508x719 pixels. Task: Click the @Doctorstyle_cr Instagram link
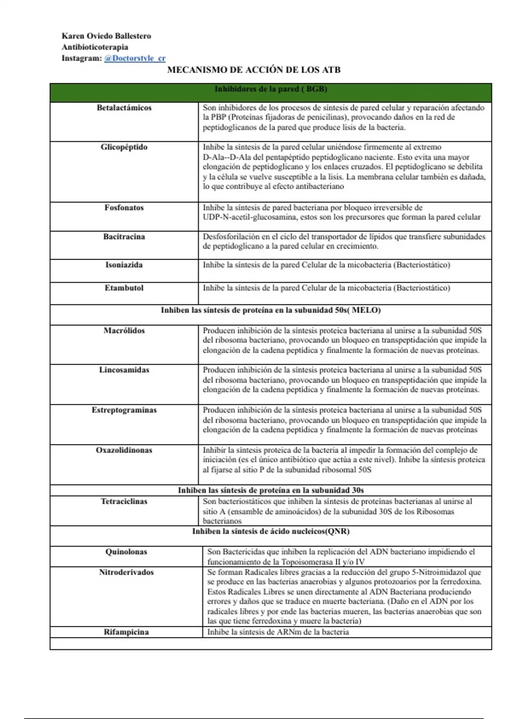tap(135, 58)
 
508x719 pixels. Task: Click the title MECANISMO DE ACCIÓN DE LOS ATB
tap(254, 70)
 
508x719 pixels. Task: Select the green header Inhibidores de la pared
tap(271, 89)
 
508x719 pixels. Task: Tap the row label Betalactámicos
tap(124, 108)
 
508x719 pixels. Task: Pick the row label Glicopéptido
tap(124, 147)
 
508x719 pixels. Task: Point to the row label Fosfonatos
tap(124, 208)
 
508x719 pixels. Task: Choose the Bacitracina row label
tap(124, 237)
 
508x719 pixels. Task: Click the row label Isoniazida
tap(124, 265)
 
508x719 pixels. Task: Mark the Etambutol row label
tap(124, 288)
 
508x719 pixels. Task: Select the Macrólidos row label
tap(124, 331)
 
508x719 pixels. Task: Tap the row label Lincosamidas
tap(124, 370)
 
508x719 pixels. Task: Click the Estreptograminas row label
tap(124, 410)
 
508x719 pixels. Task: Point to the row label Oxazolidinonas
tap(124, 450)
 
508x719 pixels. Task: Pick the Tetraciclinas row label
tap(124, 502)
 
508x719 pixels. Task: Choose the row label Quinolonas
tap(126, 552)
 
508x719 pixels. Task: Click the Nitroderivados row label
tap(126, 572)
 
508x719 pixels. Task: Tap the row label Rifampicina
tap(126, 632)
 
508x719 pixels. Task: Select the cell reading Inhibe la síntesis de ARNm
tap(278, 632)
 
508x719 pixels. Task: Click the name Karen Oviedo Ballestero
tap(106, 36)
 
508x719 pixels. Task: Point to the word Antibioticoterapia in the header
tap(95, 47)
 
